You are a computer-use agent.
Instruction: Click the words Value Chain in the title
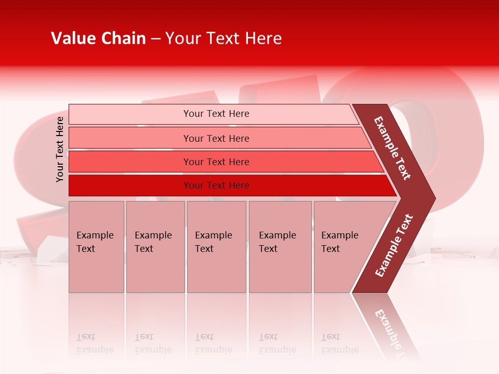(x=98, y=38)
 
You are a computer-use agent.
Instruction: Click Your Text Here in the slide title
(x=224, y=38)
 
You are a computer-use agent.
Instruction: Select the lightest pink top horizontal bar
(x=130, y=114)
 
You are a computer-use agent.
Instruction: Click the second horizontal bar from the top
(x=130, y=138)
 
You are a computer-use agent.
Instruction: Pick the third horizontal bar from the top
(x=130, y=162)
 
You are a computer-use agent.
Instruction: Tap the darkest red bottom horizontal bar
(x=130, y=185)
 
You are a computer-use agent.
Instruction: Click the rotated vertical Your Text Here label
(x=60, y=149)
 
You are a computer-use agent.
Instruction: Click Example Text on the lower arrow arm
(x=393, y=246)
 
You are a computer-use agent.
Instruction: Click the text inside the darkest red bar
(x=216, y=185)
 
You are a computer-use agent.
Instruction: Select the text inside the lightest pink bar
(x=216, y=114)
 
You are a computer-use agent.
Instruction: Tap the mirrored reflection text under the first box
(x=95, y=343)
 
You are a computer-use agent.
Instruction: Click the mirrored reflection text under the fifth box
(x=340, y=343)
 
